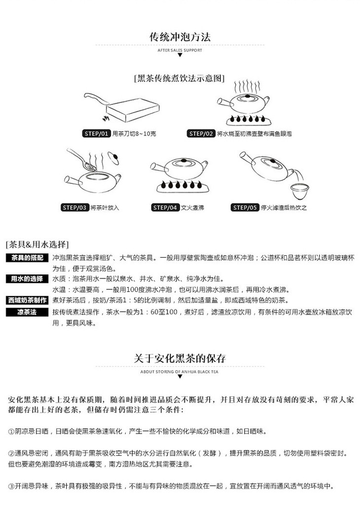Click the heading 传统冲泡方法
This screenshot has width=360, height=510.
click(x=180, y=37)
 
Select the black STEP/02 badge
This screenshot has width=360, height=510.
click(x=201, y=134)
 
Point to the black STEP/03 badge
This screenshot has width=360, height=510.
click(x=75, y=207)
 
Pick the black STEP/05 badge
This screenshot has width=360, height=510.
click(x=245, y=207)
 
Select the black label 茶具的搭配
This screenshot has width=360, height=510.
click(x=27, y=258)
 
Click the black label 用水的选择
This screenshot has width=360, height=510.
click(x=27, y=279)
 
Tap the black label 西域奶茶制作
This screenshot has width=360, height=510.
click(x=27, y=300)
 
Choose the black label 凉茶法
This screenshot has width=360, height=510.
click(x=27, y=312)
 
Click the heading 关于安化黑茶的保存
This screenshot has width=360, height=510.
click(x=180, y=358)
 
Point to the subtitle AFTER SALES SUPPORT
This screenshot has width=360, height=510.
click(x=180, y=50)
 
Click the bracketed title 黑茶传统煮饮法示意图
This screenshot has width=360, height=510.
click(x=180, y=78)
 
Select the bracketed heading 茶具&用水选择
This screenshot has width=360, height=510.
click(x=37, y=244)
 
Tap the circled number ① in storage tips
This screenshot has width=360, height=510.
click(x=11, y=431)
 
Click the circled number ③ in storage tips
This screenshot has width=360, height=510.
click(x=11, y=486)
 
